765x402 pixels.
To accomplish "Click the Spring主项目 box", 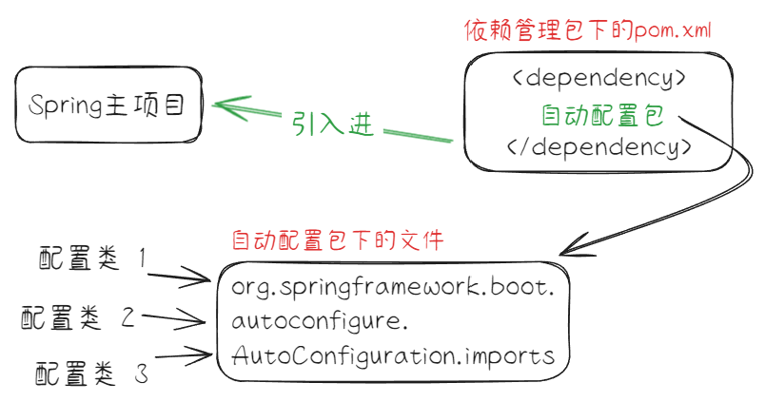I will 110,105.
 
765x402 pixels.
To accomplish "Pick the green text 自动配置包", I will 601,115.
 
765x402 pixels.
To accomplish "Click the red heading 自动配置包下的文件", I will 338,238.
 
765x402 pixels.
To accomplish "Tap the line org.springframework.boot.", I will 393,285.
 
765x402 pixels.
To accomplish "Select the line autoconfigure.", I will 320,320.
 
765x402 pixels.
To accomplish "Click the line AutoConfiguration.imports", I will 393,356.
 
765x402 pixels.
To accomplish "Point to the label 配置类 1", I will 93,258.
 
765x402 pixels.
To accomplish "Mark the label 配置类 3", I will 91,371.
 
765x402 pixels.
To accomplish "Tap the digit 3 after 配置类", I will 141,372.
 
